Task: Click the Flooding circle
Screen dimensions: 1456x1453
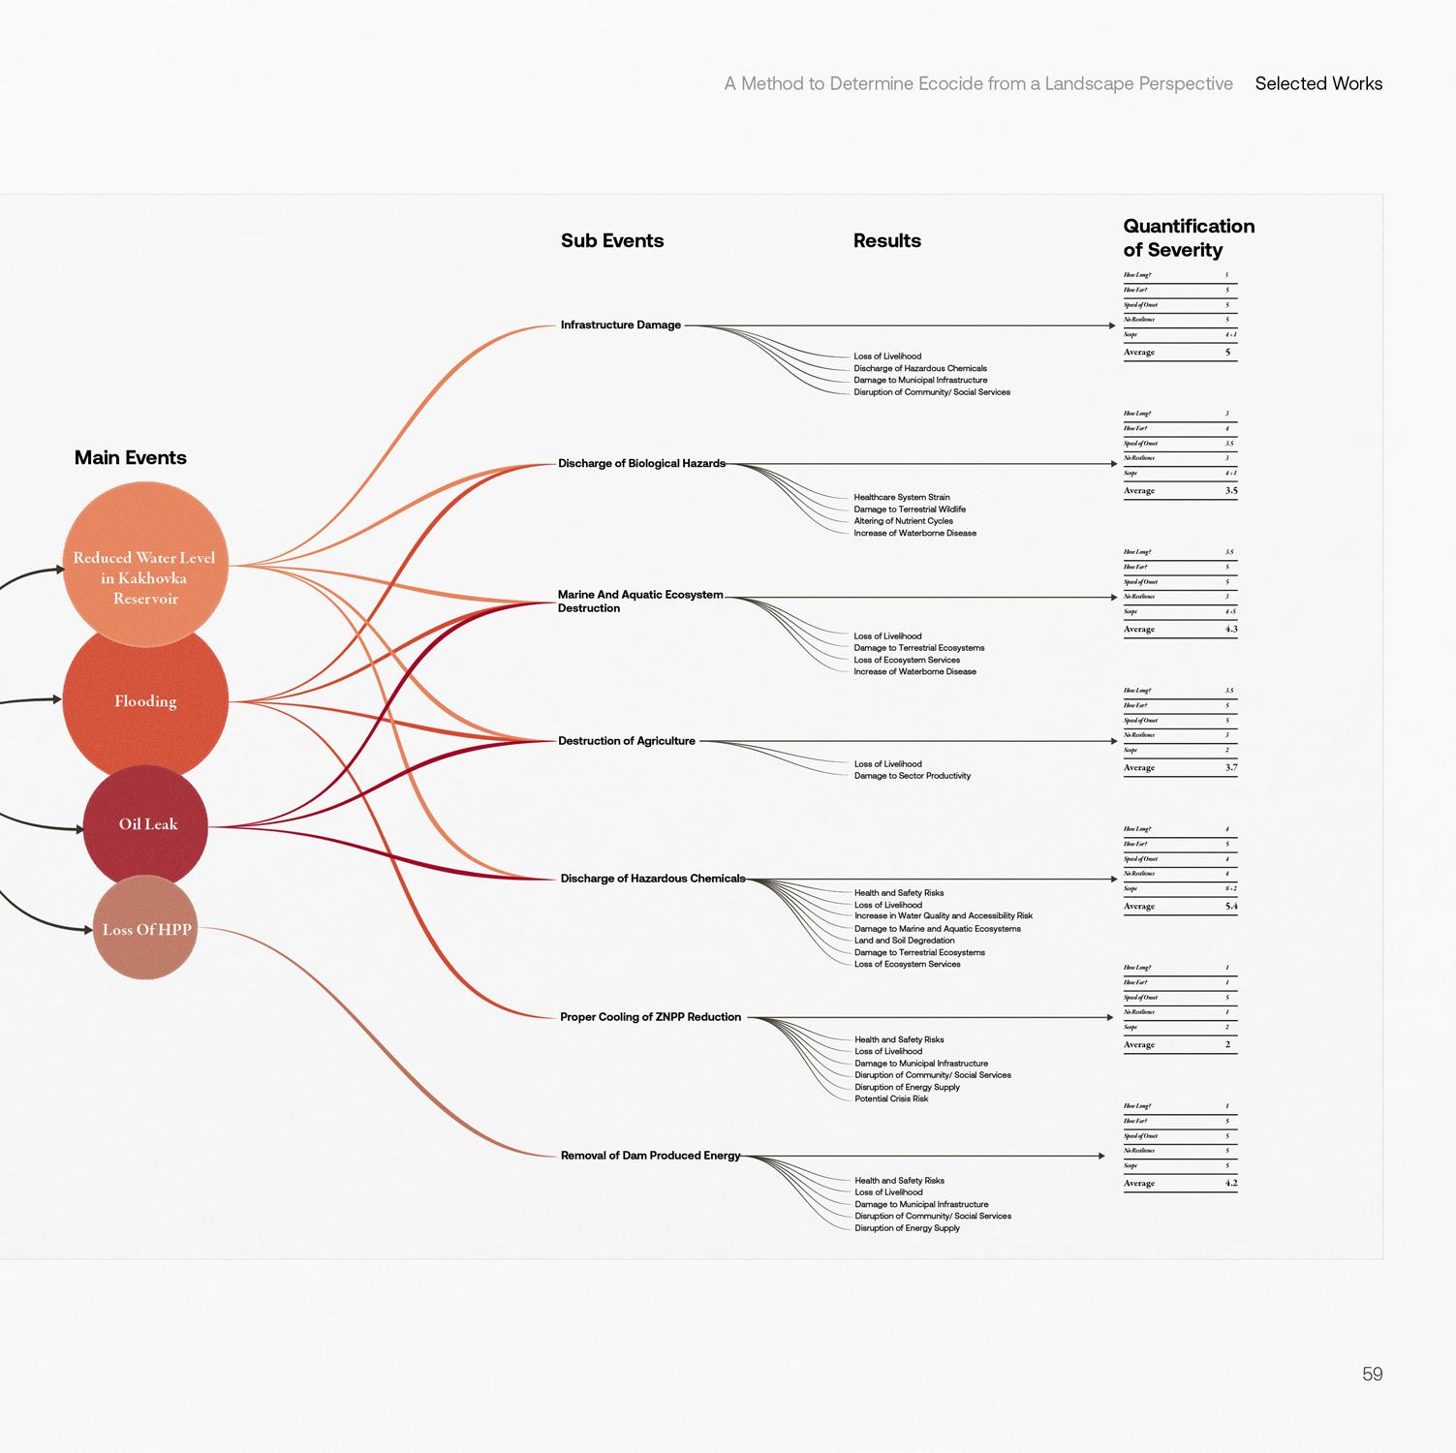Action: (145, 700)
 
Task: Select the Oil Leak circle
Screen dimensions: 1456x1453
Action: (146, 824)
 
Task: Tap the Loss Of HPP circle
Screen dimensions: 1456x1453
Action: (145, 929)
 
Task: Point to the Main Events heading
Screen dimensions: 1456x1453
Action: (131, 457)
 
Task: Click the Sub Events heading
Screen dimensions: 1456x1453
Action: (612, 240)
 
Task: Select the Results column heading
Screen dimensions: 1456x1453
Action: (886, 240)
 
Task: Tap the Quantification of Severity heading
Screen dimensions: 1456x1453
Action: (1189, 237)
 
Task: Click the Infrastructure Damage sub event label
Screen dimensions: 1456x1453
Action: (620, 325)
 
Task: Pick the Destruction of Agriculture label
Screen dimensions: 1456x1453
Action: (627, 741)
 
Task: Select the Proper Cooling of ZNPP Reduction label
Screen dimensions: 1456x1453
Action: (650, 1017)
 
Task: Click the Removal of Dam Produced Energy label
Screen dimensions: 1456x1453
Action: (650, 1156)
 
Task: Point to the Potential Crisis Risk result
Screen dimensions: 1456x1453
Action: (891, 1098)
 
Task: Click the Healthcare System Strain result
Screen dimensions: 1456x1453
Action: (901, 497)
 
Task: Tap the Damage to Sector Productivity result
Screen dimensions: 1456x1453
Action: (912, 776)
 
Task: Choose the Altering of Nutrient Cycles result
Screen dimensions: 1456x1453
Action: (903, 521)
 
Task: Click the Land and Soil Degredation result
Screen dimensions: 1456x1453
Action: (904, 941)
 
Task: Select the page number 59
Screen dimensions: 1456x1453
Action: (1372, 1374)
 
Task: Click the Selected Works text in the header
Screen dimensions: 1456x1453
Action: (1318, 83)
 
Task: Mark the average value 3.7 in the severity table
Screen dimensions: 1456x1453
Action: (1230, 767)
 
